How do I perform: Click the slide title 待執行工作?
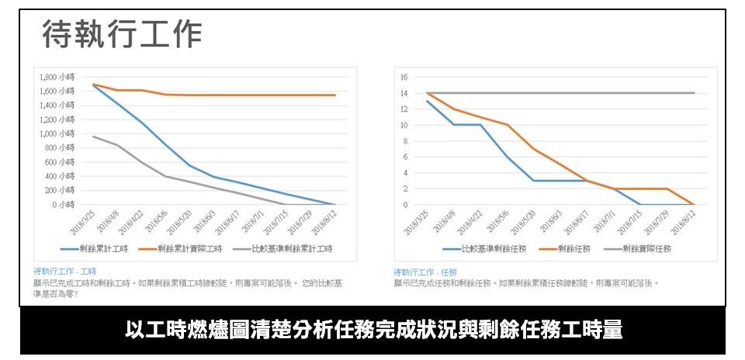[x=122, y=34]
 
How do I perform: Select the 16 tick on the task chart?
[x=404, y=78]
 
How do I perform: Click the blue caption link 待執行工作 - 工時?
[x=64, y=272]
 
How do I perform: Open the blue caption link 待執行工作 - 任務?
[x=425, y=272]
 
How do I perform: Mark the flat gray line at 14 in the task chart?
[x=559, y=93]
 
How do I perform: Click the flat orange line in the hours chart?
[x=256, y=95]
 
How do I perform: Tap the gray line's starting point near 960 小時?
[x=93, y=137]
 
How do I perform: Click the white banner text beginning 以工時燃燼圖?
[x=373, y=330]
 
